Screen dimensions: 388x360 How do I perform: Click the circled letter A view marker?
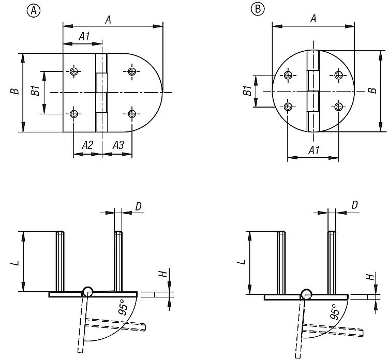(x=34, y=11)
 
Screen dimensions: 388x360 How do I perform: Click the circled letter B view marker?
(x=258, y=9)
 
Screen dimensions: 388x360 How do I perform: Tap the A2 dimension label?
(x=87, y=145)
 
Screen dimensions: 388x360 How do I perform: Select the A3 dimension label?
(x=118, y=145)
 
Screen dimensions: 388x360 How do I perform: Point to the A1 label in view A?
(x=84, y=37)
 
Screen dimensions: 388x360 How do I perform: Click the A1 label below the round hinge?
(x=314, y=150)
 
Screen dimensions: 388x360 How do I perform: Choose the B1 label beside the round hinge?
(x=247, y=91)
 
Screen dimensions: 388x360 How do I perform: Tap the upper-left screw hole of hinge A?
(x=73, y=71)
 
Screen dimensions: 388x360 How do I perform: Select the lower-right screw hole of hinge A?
(x=132, y=114)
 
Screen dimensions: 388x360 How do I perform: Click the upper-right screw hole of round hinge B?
(x=338, y=74)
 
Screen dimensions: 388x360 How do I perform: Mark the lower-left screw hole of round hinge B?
(x=288, y=107)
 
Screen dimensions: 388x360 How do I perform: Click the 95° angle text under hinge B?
(x=335, y=312)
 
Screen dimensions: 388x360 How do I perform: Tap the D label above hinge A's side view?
(x=139, y=206)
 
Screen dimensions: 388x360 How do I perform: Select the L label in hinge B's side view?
(x=244, y=262)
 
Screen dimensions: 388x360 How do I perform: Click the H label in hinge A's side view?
(x=162, y=274)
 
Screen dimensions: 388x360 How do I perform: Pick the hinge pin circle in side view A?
(x=87, y=292)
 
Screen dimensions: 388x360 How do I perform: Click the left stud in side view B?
(x=281, y=263)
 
